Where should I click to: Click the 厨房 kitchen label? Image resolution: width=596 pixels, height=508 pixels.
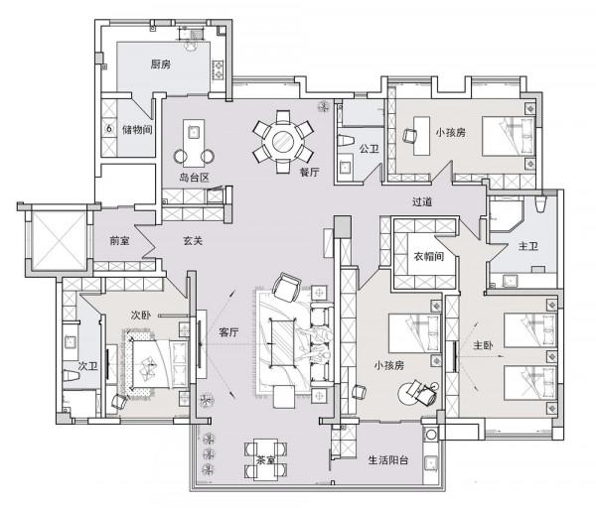pyautogui.click(x=160, y=64)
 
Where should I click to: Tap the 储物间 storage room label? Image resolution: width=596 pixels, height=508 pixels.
pyautogui.click(x=137, y=130)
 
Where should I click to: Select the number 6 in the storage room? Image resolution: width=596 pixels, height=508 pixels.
pyautogui.click(x=109, y=129)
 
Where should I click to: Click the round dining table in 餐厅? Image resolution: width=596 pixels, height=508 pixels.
pyautogui.click(x=283, y=142)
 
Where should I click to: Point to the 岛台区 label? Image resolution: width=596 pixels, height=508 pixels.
pyautogui.click(x=195, y=178)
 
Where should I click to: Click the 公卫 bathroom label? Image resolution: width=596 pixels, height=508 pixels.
pyautogui.click(x=370, y=149)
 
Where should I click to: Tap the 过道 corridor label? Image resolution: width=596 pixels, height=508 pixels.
pyautogui.click(x=422, y=201)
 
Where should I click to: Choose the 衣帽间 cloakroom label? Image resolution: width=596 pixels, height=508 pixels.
pyautogui.click(x=429, y=256)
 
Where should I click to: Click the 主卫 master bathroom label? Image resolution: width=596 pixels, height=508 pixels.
pyautogui.click(x=528, y=246)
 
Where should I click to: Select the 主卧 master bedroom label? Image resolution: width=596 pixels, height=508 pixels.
pyautogui.click(x=483, y=345)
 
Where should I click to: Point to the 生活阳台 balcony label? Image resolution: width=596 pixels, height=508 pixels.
pyautogui.click(x=388, y=460)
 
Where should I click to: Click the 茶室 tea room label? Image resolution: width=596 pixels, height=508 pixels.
pyautogui.click(x=265, y=460)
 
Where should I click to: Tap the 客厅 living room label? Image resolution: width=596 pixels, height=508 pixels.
pyautogui.click(x=228, y=332)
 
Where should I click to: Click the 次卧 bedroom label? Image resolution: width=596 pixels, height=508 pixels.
pyautogui.click(x=141, y=315)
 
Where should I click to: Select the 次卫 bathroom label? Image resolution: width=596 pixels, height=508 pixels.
pyautogui.click(x=87, y=366)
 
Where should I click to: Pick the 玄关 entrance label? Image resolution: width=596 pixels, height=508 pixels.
pyautogui.click(x=193, y=241)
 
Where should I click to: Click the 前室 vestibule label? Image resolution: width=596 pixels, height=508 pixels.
pyautogui.click(x=119, y=241)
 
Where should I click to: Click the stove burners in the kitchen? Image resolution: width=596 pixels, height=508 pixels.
pyautogui.click(x=219, y=69)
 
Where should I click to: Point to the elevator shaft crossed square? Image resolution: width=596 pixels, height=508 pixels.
pyautogui.click(x=59, y=238)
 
